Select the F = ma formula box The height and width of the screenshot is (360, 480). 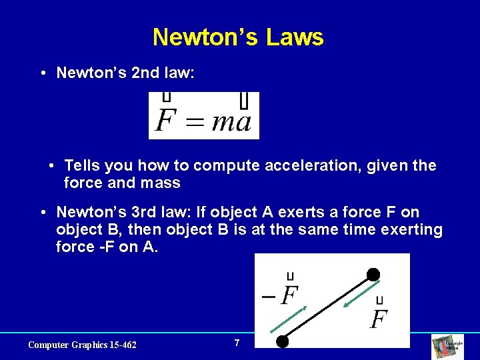point(203,115)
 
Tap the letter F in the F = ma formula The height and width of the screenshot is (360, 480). point(165,121)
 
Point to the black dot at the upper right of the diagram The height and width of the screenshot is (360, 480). point(373,274)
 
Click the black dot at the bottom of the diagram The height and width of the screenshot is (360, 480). point(283,341)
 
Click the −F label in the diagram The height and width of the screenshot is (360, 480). point(281,293)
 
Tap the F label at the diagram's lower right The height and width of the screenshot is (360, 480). point(379,317)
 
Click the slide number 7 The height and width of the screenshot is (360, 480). point(237,343)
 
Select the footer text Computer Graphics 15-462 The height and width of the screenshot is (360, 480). point(82,345)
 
